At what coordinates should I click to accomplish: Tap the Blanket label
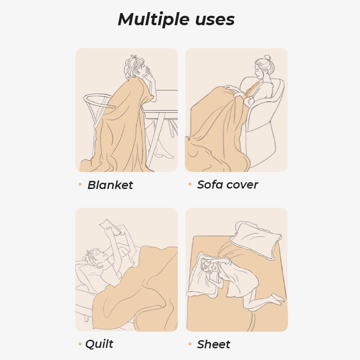(110, 185)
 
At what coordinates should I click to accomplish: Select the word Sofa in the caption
(211, 184)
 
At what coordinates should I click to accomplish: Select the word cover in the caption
(243, 184)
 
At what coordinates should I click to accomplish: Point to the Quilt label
(99, 344)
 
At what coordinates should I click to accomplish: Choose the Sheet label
(214, 344)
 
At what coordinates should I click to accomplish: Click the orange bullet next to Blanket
(80, 184)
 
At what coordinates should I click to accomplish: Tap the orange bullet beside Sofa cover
(190, 184)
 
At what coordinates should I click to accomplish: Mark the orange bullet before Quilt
(80, 344)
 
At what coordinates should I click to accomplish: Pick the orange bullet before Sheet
(190, 344)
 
